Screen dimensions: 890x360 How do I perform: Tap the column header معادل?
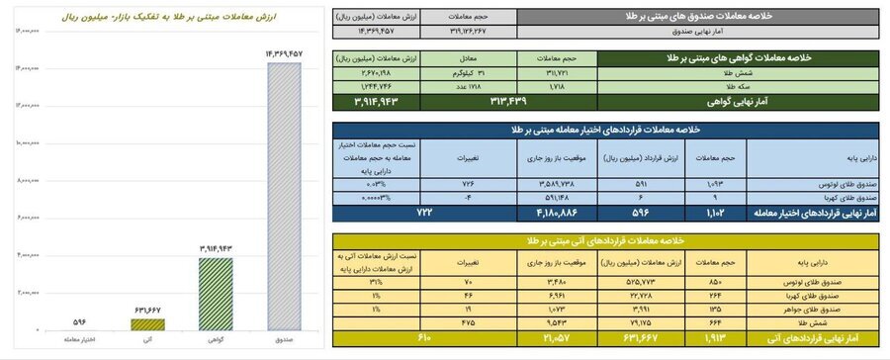(462, 58)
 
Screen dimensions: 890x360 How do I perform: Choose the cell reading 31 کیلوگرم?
(462, 72)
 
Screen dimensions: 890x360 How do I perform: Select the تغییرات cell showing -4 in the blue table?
(460, 194)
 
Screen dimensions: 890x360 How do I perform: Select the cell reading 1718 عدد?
(462, 86)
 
